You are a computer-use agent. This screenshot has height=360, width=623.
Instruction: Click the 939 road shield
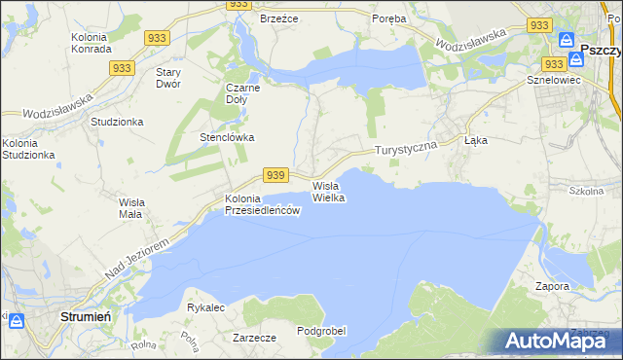coord(275,175)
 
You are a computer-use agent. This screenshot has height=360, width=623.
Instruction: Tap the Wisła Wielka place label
coord(329,191)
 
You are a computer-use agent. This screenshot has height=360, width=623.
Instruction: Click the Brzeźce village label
coord(277,18)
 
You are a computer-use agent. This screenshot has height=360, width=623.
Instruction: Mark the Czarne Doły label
coord(243,92)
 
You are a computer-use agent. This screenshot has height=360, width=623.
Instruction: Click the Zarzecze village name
coord(255,338)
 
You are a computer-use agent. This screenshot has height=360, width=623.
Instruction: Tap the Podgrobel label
coord(321,331)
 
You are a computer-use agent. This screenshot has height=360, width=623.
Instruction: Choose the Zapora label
coord(552,287)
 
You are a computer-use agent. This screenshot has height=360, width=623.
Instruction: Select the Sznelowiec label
coord(553,80)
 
